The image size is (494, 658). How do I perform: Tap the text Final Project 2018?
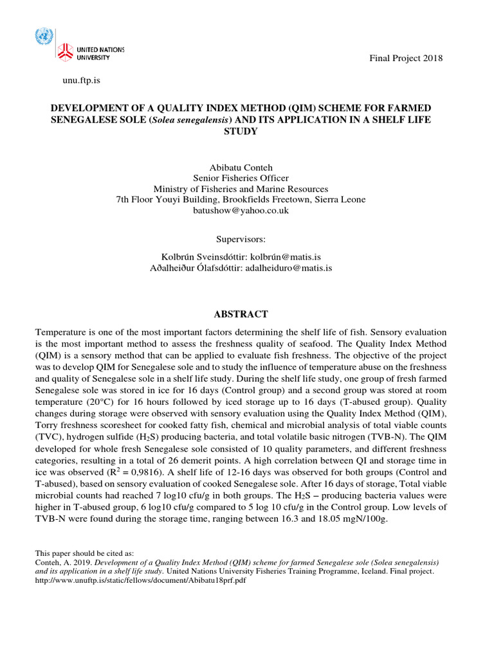(x=405, y=58)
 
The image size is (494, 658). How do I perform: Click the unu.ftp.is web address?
(x=80, y=80)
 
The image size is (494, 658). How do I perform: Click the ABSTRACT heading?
(x=241, y=314)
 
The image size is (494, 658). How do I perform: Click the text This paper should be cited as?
(x=84, y=553)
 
